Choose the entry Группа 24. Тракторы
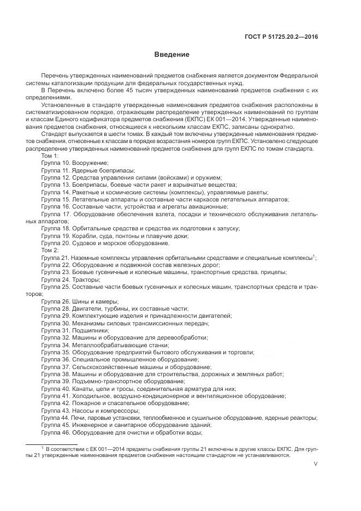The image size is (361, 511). [x=70, y=280]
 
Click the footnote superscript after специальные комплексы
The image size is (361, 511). [x=314, y=255]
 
